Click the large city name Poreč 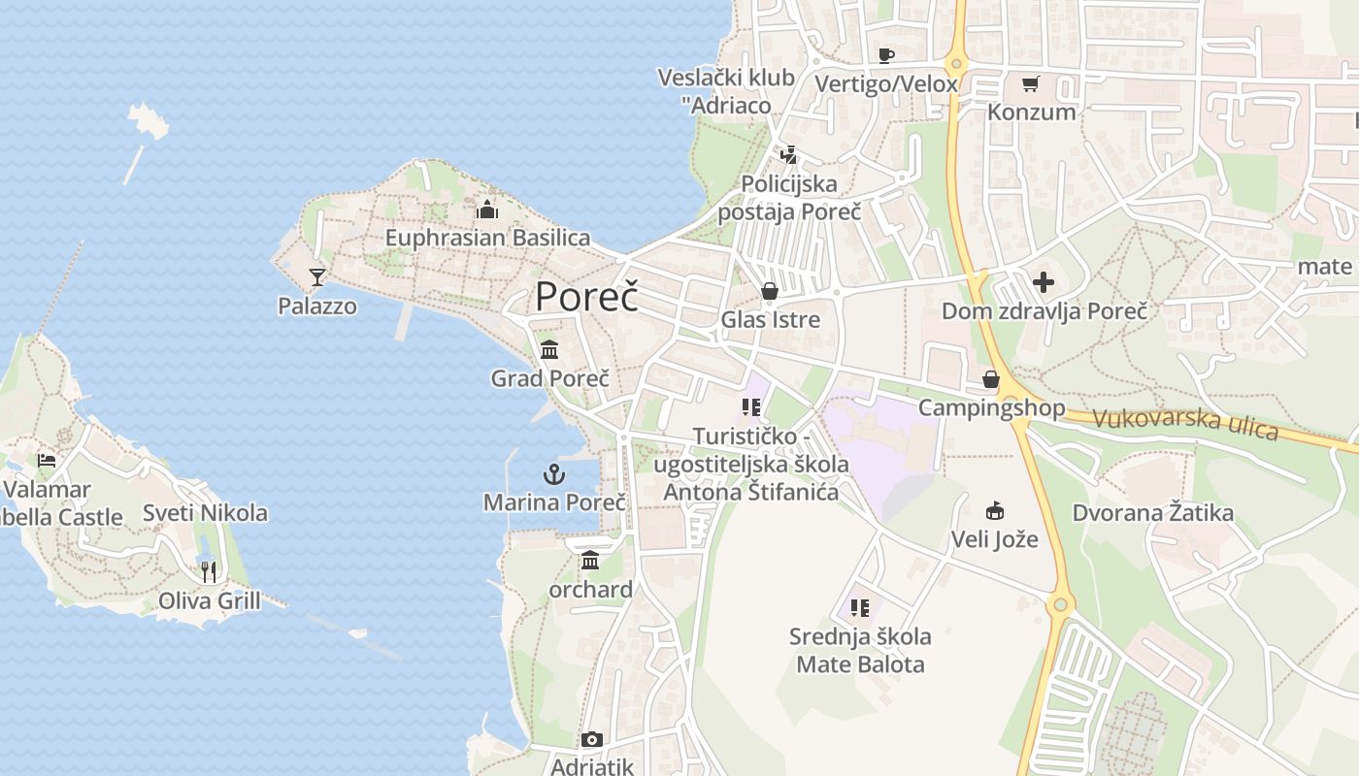coord(586,296)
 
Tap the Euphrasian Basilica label coord(487,238)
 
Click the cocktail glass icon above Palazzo coord(316,277)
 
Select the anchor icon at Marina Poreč coord(553,474)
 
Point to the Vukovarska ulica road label coord(1185,424)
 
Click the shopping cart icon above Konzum coord(1030,83)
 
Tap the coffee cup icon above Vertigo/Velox coord(885,55)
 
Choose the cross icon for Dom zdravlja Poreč coord(1044,282)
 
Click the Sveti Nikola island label coord(205,513)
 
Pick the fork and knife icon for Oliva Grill coord(209,571)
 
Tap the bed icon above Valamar coord(47,461)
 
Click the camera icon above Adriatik coord(591,740)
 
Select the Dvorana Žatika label coord(1152,513)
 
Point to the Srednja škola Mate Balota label coord(860,650)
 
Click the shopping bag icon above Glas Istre coord(770,291)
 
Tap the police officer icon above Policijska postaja coord(788,154)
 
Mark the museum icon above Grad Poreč coord(549,349)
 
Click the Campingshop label coord(991,407)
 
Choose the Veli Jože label coord(994,539)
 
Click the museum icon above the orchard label coord(590,561)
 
